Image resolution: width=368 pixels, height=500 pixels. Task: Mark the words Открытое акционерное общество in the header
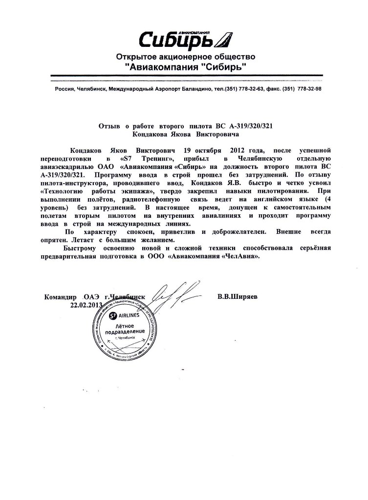pos(185,57)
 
